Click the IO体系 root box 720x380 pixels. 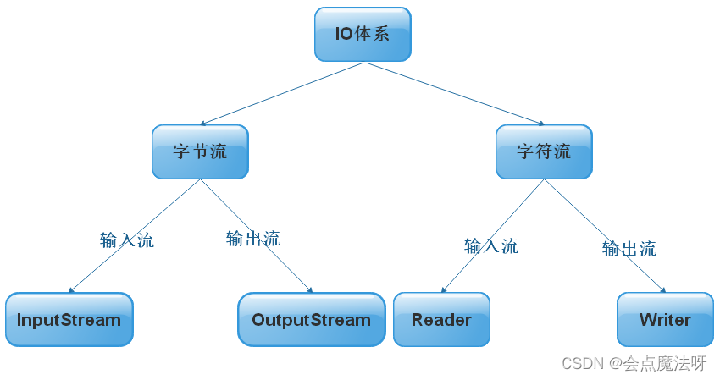click(x=363, y=35)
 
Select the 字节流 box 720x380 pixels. click(x=200, y=152)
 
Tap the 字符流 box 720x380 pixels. click(x=544, y=152)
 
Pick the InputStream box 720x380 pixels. click(x=69, y=320)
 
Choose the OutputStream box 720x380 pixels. click(x=311, y=320)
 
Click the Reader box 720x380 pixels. click(x=441, y=320)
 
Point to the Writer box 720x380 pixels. click(x=665, y=320)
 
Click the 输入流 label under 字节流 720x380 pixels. click(x=127, y=240)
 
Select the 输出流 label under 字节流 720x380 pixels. click(x=252, y=239)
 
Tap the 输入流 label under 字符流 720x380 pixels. click(x=491, y=246)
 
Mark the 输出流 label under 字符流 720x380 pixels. click(x=629, y=249)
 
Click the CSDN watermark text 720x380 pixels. click(x=580, y=364)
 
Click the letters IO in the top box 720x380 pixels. click(x=345, y=35)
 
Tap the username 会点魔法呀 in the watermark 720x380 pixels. click(x=665, y=364)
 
